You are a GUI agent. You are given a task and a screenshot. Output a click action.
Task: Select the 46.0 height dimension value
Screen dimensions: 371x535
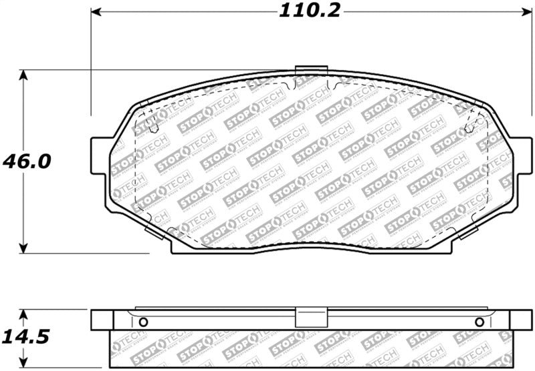click(26, 161)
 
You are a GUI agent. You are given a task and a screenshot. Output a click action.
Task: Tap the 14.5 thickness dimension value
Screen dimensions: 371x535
click(25, 338)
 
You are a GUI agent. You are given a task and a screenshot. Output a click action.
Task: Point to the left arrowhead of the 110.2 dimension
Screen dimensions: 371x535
click(96, 11)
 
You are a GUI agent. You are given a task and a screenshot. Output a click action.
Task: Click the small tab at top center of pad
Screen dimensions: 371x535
click(311, 69)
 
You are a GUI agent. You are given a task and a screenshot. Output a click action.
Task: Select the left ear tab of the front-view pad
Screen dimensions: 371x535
click(100, 155)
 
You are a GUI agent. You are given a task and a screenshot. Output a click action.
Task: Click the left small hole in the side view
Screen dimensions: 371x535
click(142, 322)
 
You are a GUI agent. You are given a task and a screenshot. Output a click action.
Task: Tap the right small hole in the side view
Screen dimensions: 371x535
click(479, 322)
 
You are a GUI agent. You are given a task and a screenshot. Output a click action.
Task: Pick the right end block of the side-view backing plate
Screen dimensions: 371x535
click(520, 320)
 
